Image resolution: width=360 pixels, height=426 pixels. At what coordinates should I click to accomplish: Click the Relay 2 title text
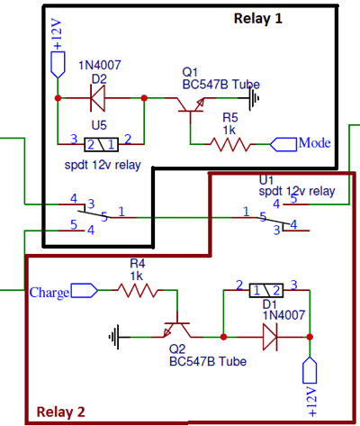point(60,412)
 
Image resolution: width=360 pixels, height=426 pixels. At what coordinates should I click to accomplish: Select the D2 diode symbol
point(99,95)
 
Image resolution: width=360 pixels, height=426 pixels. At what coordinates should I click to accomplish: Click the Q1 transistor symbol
point(191,106)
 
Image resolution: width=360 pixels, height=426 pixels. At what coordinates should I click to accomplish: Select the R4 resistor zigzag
point(137,291)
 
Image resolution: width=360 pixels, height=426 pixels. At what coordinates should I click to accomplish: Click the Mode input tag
point(302,143)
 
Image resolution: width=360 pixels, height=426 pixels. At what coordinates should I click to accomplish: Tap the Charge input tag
point(62,291)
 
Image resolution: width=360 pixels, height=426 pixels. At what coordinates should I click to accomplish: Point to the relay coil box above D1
point(266,290)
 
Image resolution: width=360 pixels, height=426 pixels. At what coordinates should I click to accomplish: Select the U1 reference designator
point(266,179)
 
